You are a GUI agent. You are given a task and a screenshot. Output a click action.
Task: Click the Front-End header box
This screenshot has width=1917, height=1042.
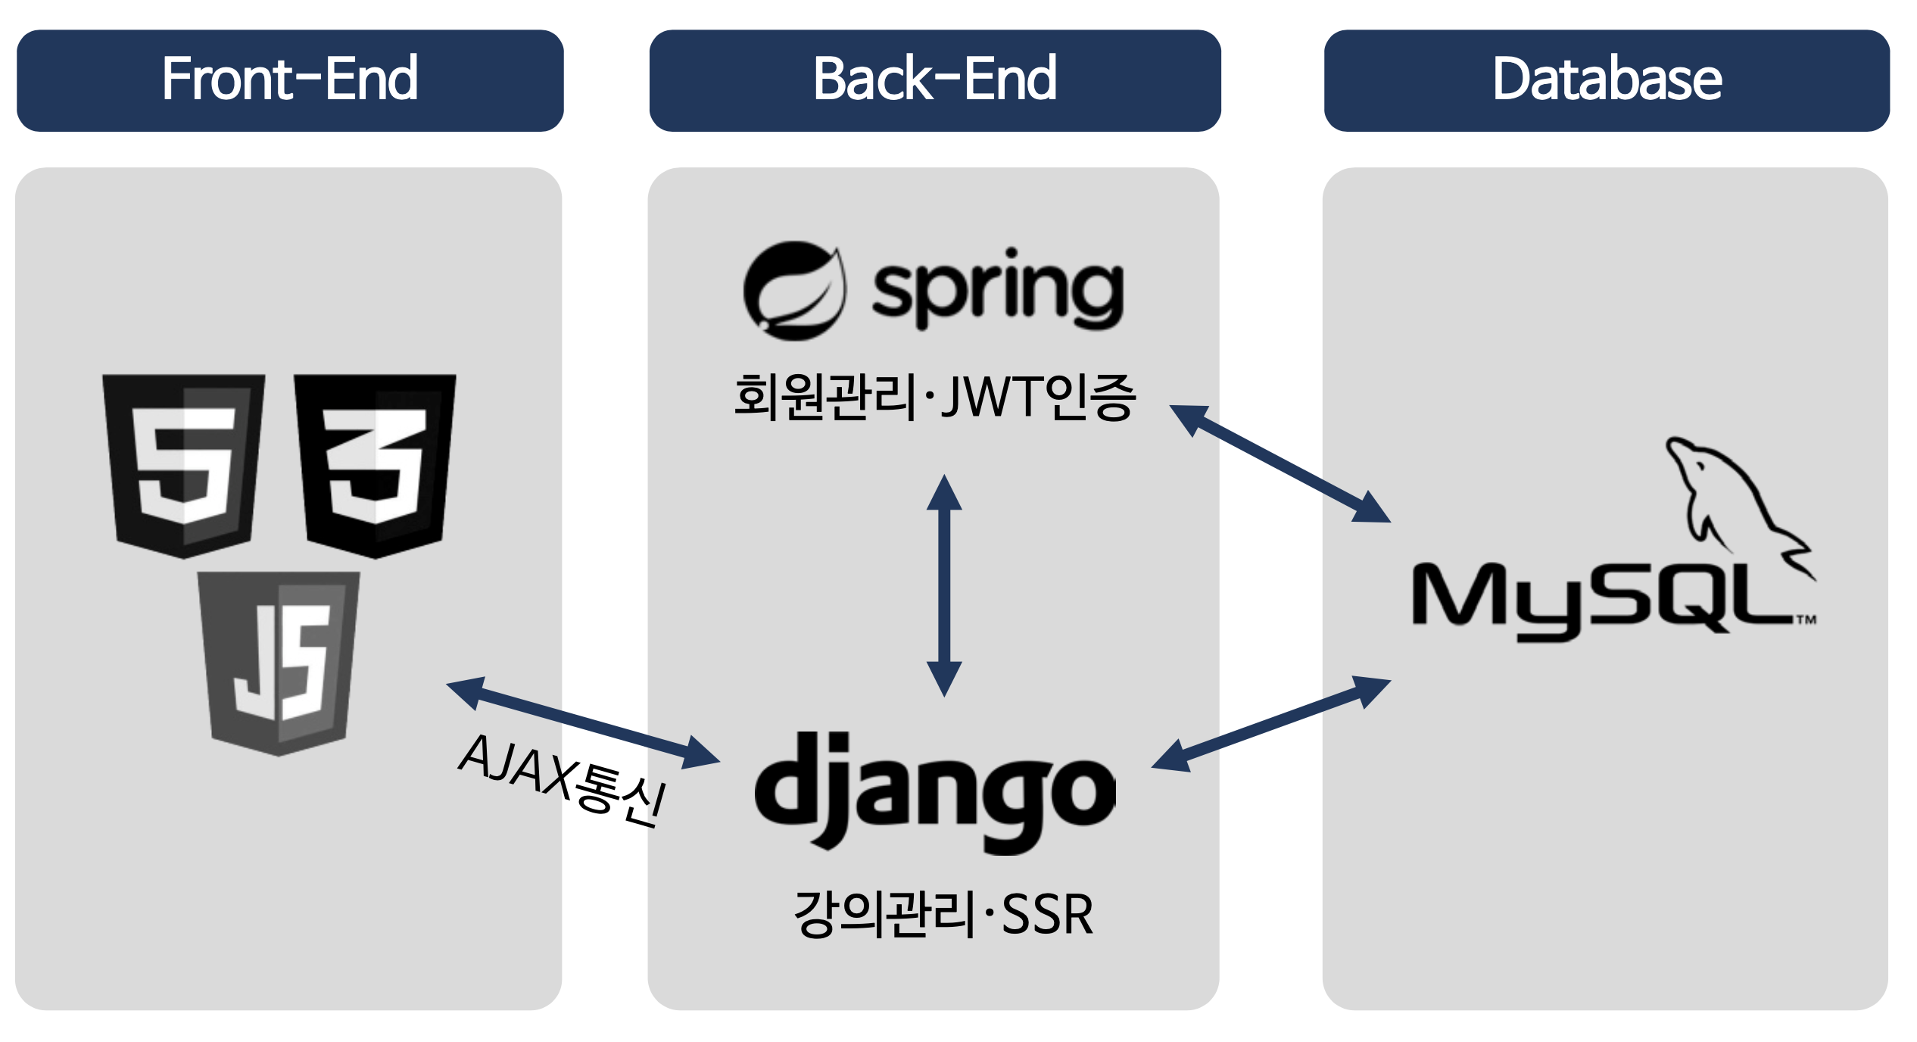[289, 80]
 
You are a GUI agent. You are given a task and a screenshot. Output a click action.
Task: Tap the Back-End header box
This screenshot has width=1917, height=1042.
[934, 80]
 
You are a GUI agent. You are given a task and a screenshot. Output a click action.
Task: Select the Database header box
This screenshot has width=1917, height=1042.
[1606, 80]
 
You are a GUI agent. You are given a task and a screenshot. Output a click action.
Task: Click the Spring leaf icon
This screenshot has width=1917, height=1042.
[793, 291]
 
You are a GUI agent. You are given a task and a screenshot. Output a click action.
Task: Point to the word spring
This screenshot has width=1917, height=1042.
[998, 291]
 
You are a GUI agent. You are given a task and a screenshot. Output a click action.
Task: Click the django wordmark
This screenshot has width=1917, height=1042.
[935, 791]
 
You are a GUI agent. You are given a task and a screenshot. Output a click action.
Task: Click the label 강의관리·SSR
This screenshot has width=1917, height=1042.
[943, 914]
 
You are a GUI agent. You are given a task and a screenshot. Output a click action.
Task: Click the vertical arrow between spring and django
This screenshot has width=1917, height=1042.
[944, 585]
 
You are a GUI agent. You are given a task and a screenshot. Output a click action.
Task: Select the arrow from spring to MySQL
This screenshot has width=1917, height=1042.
[1280, 463]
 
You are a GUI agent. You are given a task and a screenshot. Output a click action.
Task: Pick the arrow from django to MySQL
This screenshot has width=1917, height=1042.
[1271, 723]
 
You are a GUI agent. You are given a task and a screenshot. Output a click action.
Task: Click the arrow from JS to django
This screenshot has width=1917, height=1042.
[583, 722]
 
